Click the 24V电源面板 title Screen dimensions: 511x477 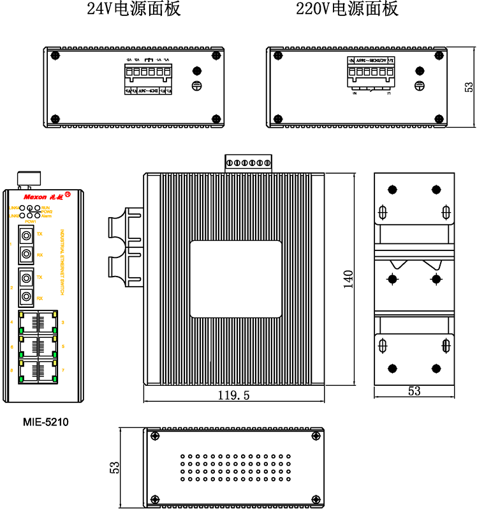[x=134, y=9]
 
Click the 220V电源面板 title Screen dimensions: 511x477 [x=348, y=9]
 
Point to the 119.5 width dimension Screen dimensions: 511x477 [x=233, y=395]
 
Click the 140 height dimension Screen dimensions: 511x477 [x=348, y=280]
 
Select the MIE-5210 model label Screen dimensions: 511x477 [x=45, y=422]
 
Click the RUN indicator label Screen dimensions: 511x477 [x=45, y=207]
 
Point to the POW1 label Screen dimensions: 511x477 [x=30, y=221]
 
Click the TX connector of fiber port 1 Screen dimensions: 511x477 [x=26, y=234]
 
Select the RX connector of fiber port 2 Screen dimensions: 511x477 [x=26, y=297]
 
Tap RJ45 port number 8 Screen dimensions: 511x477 [x=28, y=370]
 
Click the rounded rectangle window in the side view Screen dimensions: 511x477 [x=235, y=278]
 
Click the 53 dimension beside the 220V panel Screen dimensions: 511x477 [x=469, y=86]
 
